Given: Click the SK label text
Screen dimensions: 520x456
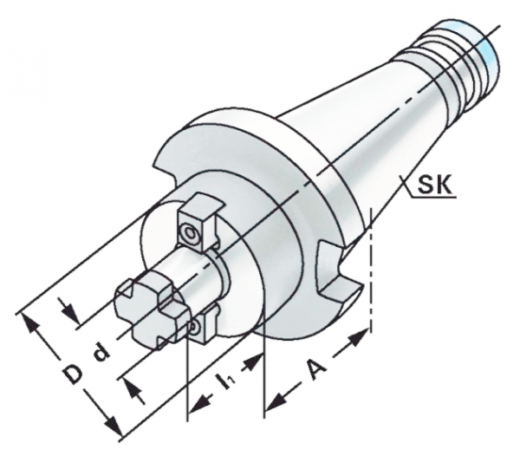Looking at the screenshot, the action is click(434, 186).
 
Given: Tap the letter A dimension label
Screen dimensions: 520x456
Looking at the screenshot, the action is click(316, 369).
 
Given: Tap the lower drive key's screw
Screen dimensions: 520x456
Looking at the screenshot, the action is click(193, 327).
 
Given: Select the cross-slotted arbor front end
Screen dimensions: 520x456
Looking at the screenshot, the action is click(151, 310).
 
